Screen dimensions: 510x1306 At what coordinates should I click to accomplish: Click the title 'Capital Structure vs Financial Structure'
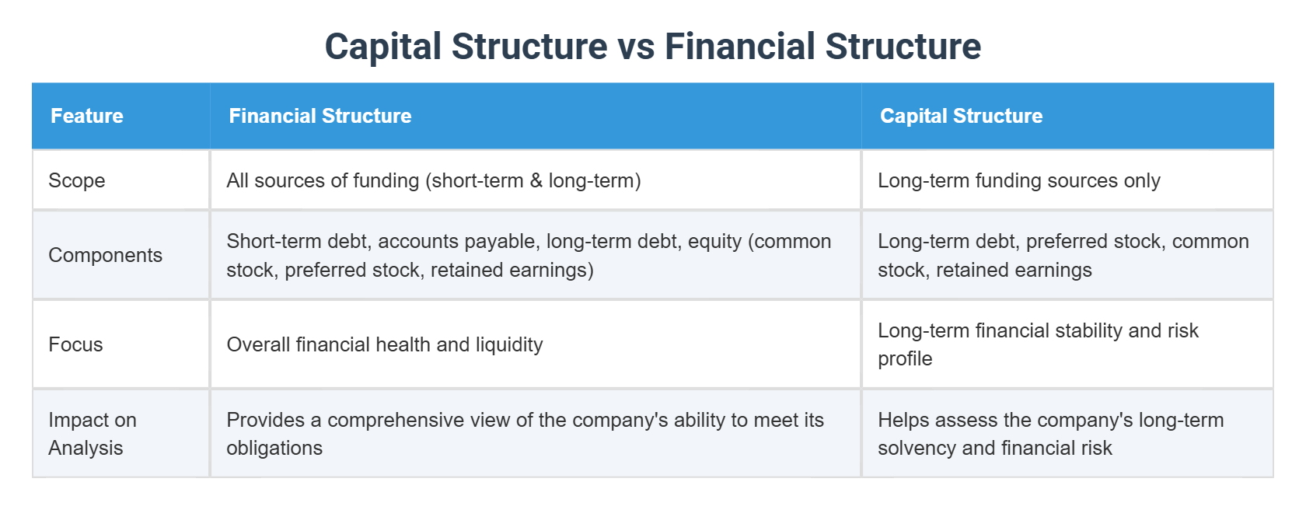(652, 46)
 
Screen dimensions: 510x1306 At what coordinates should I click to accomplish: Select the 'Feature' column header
(87, 116)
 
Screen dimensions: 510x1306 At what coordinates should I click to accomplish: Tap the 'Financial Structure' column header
(320, 116)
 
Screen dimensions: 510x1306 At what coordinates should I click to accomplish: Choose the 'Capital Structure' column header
(961, 116)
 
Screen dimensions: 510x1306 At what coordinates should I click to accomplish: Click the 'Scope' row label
(76, 180)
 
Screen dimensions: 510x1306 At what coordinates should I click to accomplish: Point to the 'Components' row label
(105, 255)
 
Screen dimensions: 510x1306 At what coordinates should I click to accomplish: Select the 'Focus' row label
(75, 344)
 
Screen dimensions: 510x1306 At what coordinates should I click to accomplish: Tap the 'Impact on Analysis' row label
(92, 434)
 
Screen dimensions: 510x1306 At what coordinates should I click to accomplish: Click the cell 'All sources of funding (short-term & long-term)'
(433, 180)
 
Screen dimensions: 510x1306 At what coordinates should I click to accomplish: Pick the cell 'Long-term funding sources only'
(1018, 180)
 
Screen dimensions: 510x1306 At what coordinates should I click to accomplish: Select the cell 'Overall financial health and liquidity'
(384, 344)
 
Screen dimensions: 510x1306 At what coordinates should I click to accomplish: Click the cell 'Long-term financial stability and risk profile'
(1037, 344)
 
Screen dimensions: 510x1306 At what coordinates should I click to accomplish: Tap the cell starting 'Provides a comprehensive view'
(525, 434)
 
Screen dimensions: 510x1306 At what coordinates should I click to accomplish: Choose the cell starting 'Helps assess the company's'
(1050, 434)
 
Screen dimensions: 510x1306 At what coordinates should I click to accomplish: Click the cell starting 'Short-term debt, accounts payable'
(529, 255)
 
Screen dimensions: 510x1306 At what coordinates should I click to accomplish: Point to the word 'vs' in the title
(636, 47)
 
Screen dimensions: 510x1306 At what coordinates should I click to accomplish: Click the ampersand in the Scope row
(536, 181)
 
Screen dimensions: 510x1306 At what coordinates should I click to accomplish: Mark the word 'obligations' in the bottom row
(274, 449)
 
